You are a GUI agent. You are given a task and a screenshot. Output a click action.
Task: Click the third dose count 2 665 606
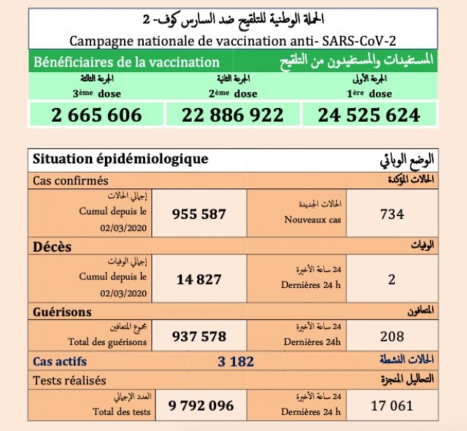[x=97, y=115]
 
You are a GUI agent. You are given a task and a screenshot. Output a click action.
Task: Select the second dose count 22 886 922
[x=233, y=115]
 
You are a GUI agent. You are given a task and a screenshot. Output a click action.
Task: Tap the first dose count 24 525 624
[x=369, y=115]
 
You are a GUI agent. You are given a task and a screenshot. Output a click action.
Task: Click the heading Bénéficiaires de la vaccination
[x=126, y=62]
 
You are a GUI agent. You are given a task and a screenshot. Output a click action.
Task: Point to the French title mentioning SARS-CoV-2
[x=233, y=41]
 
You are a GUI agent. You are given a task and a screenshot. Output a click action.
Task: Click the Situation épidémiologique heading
[x=120, y=159]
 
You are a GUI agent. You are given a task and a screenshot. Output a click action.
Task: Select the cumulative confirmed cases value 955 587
[x=199, y=214]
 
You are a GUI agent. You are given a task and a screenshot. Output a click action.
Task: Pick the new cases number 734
[x=392, y=214]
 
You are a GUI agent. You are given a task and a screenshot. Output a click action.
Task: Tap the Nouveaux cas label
[x=313, y=220]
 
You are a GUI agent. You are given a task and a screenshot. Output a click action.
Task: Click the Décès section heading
[x=52, y=247]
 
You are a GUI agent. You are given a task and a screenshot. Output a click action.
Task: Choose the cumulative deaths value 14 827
[x=199, y=280]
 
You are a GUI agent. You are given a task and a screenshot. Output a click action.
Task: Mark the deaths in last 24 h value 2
[x=392, y=280]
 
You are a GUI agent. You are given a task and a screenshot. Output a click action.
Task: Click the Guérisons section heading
[x=63, y=312]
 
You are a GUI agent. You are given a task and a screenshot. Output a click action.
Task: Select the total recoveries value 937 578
[x=199, y=336]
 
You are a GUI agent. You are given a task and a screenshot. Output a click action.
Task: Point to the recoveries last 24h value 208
[x=392, y=336]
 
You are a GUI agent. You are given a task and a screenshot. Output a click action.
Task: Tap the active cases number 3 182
[x=235, y=362]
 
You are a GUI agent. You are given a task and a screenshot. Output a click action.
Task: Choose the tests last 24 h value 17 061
[x=392, y=405]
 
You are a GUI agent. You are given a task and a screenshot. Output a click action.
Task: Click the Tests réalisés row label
[x=69, y=381]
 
